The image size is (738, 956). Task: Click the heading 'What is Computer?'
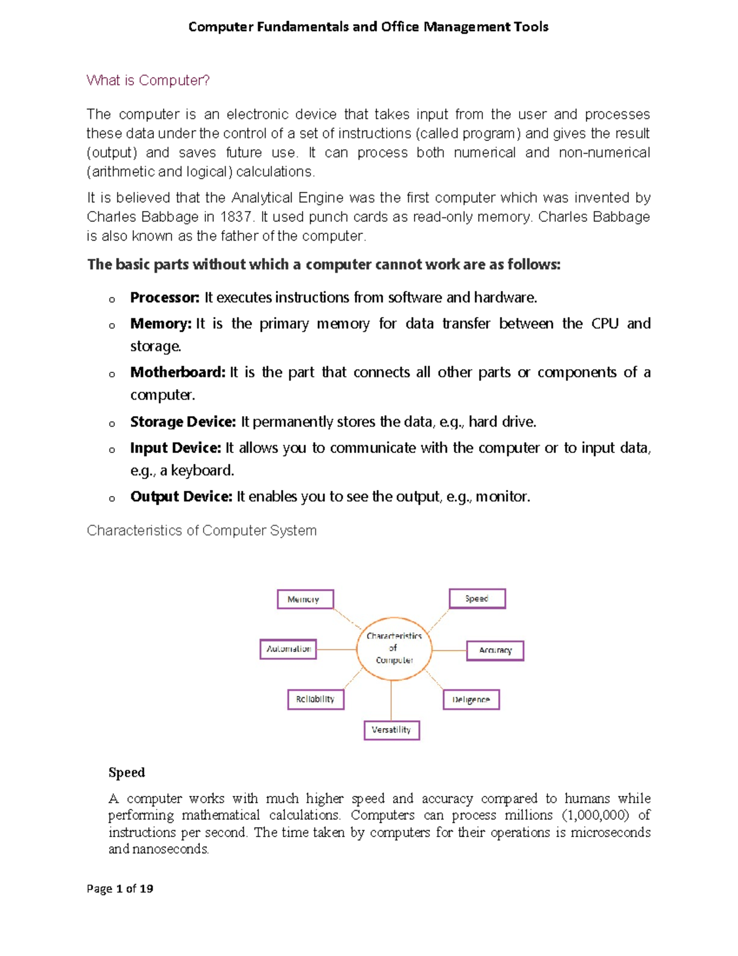click(x=148, y=81)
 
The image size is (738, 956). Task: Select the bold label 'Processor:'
click(x=164, y=298)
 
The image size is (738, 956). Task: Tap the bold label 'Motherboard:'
click(x=178, y=372)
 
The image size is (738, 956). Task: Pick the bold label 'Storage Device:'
click(x=183, y=422)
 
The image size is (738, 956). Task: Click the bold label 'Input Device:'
click(x=175, y=448)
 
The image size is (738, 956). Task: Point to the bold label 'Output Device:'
click(x=181, y=497)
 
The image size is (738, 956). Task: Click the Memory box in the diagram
click(x=305, y=599)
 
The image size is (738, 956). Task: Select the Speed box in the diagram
click(x=477, y=598)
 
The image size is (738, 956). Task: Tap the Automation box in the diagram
click(x=288, y=649)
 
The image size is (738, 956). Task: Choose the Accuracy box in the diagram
click(x=495, y=650)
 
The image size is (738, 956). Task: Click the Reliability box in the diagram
click(x=315, y=699)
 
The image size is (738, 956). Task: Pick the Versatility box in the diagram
click(x=391, y=730)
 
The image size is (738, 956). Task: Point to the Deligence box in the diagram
click(x=471, y=699)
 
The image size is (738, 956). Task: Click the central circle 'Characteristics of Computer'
click(x=394, y=648)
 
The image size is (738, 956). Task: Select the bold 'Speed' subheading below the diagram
click(x=127, y=773)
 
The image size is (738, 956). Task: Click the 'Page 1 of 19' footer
click(x=120, y=888)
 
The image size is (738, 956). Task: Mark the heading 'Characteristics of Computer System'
click(x=202, y=531)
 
